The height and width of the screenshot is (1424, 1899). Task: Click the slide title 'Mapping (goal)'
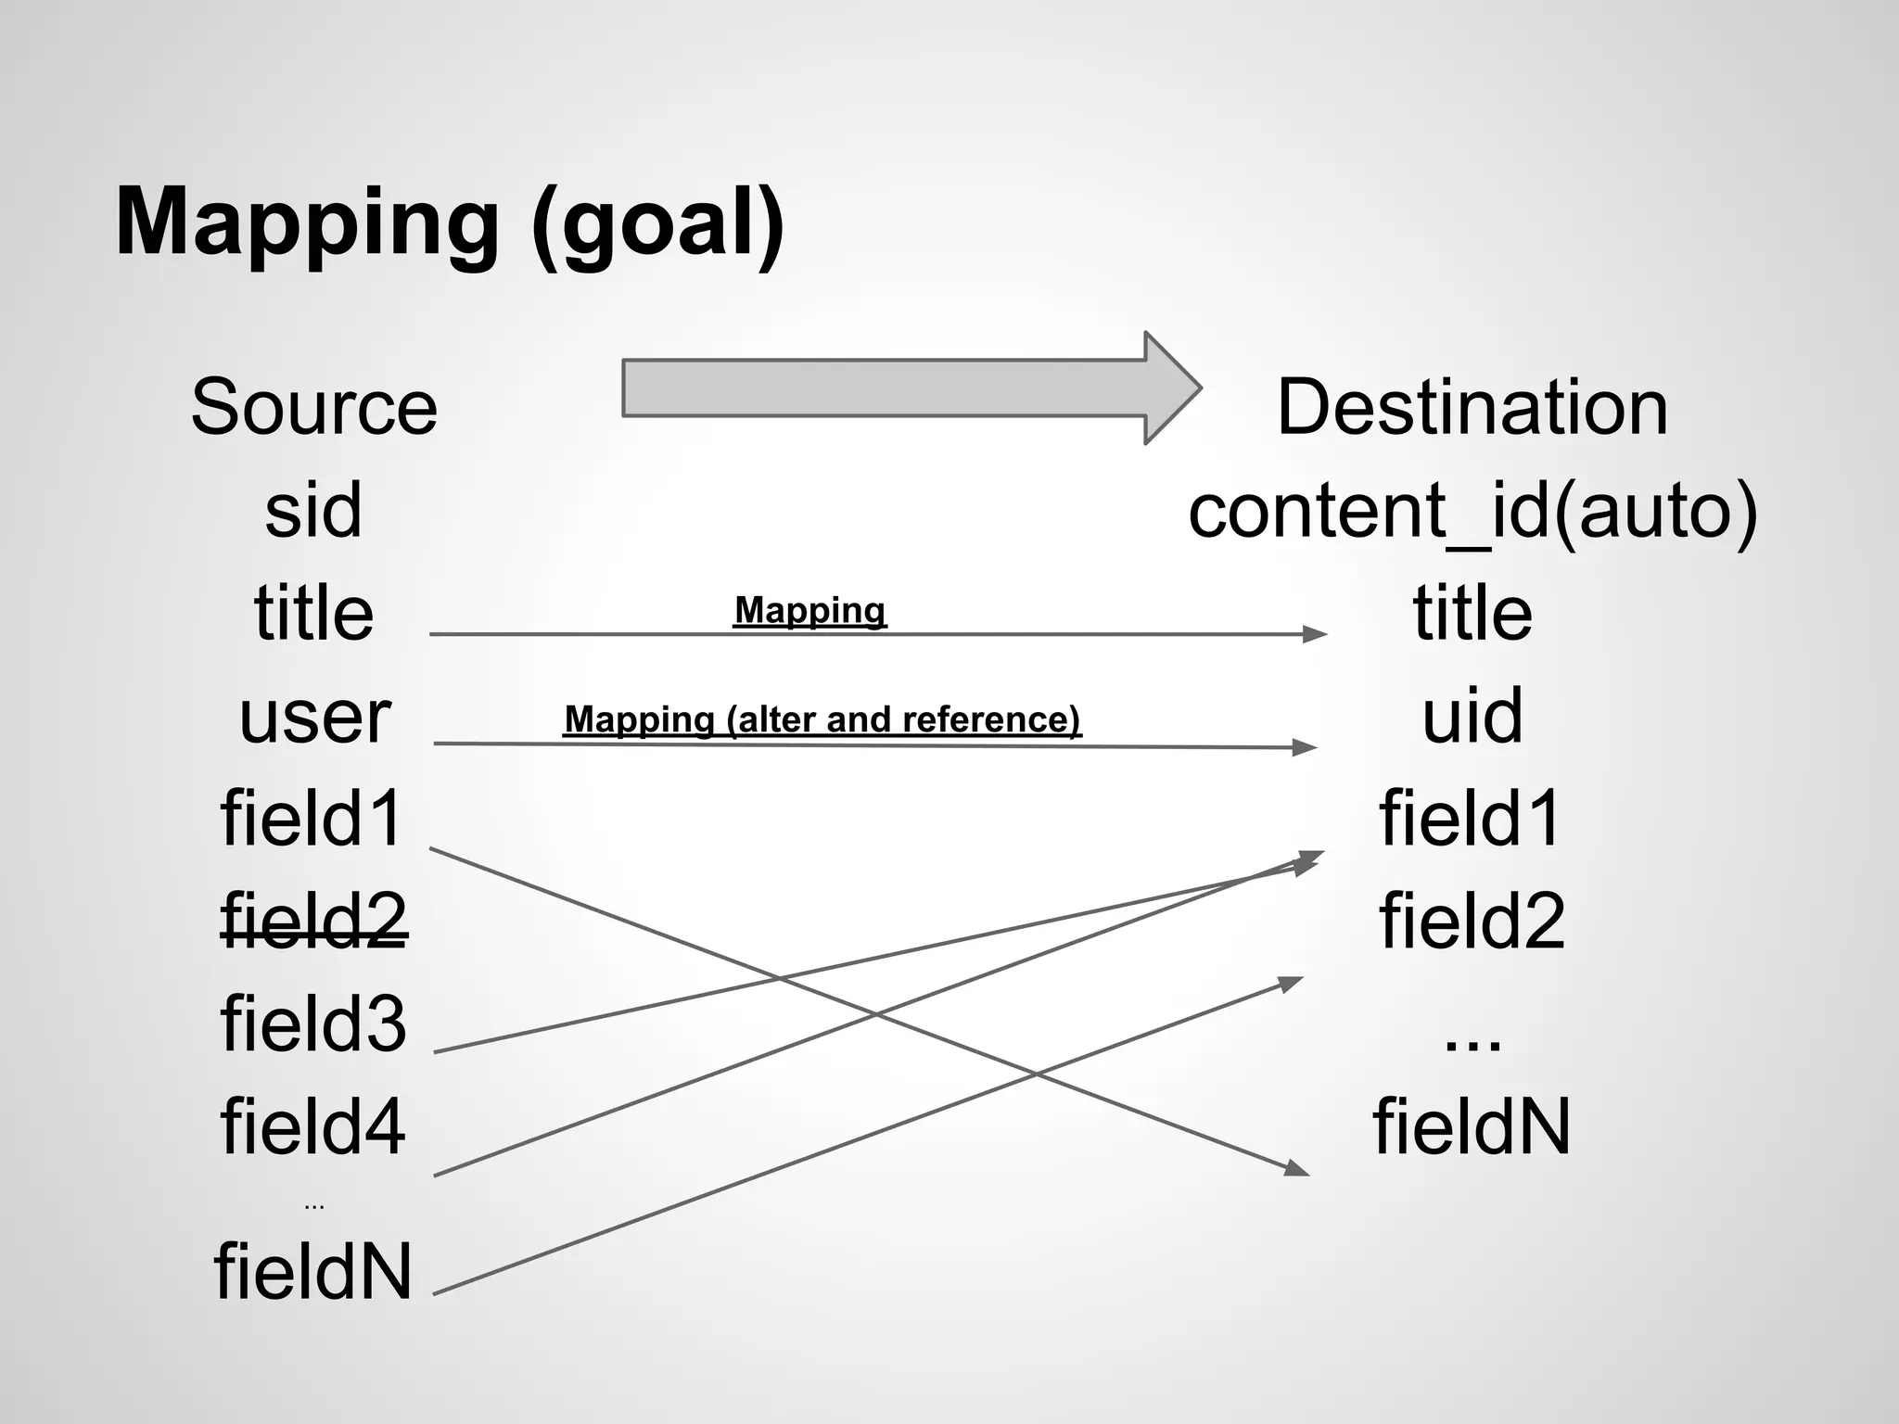click(x=450, y=222)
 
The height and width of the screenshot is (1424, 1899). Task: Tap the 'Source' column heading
click(x=314, y=407)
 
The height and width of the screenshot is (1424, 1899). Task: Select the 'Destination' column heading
click(x=1472, y=407)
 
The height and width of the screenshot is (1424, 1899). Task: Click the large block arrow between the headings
click(x=909, y=388)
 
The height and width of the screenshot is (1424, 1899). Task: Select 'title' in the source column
click(x=313, y=613)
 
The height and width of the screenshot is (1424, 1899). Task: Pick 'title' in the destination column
click(x=1472, y=613)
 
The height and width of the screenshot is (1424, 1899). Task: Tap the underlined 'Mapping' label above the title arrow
click(x=809, y=610)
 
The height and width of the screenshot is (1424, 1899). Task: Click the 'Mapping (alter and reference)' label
click(x=822, y=719)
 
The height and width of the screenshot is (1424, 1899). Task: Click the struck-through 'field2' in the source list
click(x=313, y=921)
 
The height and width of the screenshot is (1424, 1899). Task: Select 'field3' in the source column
click(x=313, y=1023)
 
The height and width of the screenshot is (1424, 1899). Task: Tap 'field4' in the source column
click(x=313, y=1126)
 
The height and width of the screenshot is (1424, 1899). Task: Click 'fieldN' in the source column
click(x=313, y=1271)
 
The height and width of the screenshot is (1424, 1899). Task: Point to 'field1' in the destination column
click(x=1471, y=819)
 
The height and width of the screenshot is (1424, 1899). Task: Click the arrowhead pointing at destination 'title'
click(x=1316, y=634)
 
